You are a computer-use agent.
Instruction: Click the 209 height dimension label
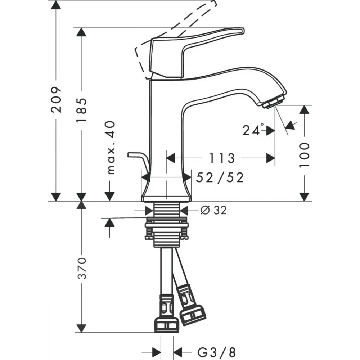[x=56, y=100]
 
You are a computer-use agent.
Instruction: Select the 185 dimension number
[x=81, y=109]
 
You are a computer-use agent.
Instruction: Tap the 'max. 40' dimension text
[x=111, y=147]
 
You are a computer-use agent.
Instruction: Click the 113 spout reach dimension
[x=222, y=158]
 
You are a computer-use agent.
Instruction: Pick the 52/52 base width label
[x=220, y=177]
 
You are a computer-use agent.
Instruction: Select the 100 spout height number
[x=305, y=155]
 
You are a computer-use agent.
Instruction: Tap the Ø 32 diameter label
[x=213, y=210]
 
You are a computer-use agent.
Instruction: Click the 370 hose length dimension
[x=81, y=268]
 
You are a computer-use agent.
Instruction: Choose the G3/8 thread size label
[x=216, y=352]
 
